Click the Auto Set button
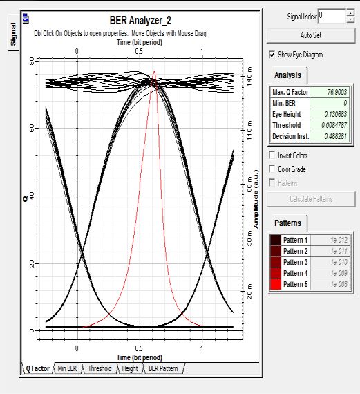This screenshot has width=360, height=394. click(x=311, y=35)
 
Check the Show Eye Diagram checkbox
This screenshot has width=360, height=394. click(x=272, y=55)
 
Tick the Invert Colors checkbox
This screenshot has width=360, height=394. click(x=272, y=155)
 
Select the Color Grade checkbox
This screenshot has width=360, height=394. click(x=272, y=169)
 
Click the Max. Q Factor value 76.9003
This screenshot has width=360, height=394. click(x=337, y=92)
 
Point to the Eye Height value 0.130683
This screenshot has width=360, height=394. click(x=335, y=114)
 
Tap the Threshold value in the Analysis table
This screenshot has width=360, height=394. click(x=334, y=125)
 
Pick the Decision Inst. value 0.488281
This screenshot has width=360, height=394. click(x=335, y=136)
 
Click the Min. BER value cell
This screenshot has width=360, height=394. click(x=330, y=103)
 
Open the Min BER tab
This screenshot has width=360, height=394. click(x=67, y=368)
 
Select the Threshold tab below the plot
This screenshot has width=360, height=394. click(x=100, y=368)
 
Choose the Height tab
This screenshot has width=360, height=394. click(x=130, y=368)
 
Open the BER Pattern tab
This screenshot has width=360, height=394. click(x=163, y=368)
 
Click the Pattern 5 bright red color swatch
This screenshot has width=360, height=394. click(x=275, y=284)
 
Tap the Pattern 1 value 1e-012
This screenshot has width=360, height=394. click(x=339, y=240)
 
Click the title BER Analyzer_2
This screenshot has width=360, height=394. click(x=140, y=20)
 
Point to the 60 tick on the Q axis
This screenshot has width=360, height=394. click(x=32, y=129)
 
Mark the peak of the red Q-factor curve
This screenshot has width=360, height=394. click(x=154, y=71)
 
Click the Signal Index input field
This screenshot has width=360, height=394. click(x=332, y=16)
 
